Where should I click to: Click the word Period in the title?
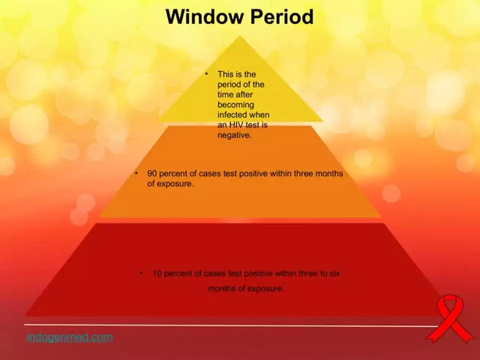coord(281,16)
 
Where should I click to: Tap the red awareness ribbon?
coord(449,318)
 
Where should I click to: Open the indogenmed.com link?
coord(70,337)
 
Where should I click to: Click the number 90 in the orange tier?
coord(152,173)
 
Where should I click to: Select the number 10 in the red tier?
coord(157,273)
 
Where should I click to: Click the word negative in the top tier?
coord(234,135)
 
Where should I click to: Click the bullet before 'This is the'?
coord(206,74)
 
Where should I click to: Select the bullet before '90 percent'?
coord(136,173)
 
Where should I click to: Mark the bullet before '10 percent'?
coord(141,273)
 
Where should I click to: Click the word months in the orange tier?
coord(329,173)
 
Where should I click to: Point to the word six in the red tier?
coord(335,273)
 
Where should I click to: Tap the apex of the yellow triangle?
coord(239,36)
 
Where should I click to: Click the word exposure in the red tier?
coord(265,288)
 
